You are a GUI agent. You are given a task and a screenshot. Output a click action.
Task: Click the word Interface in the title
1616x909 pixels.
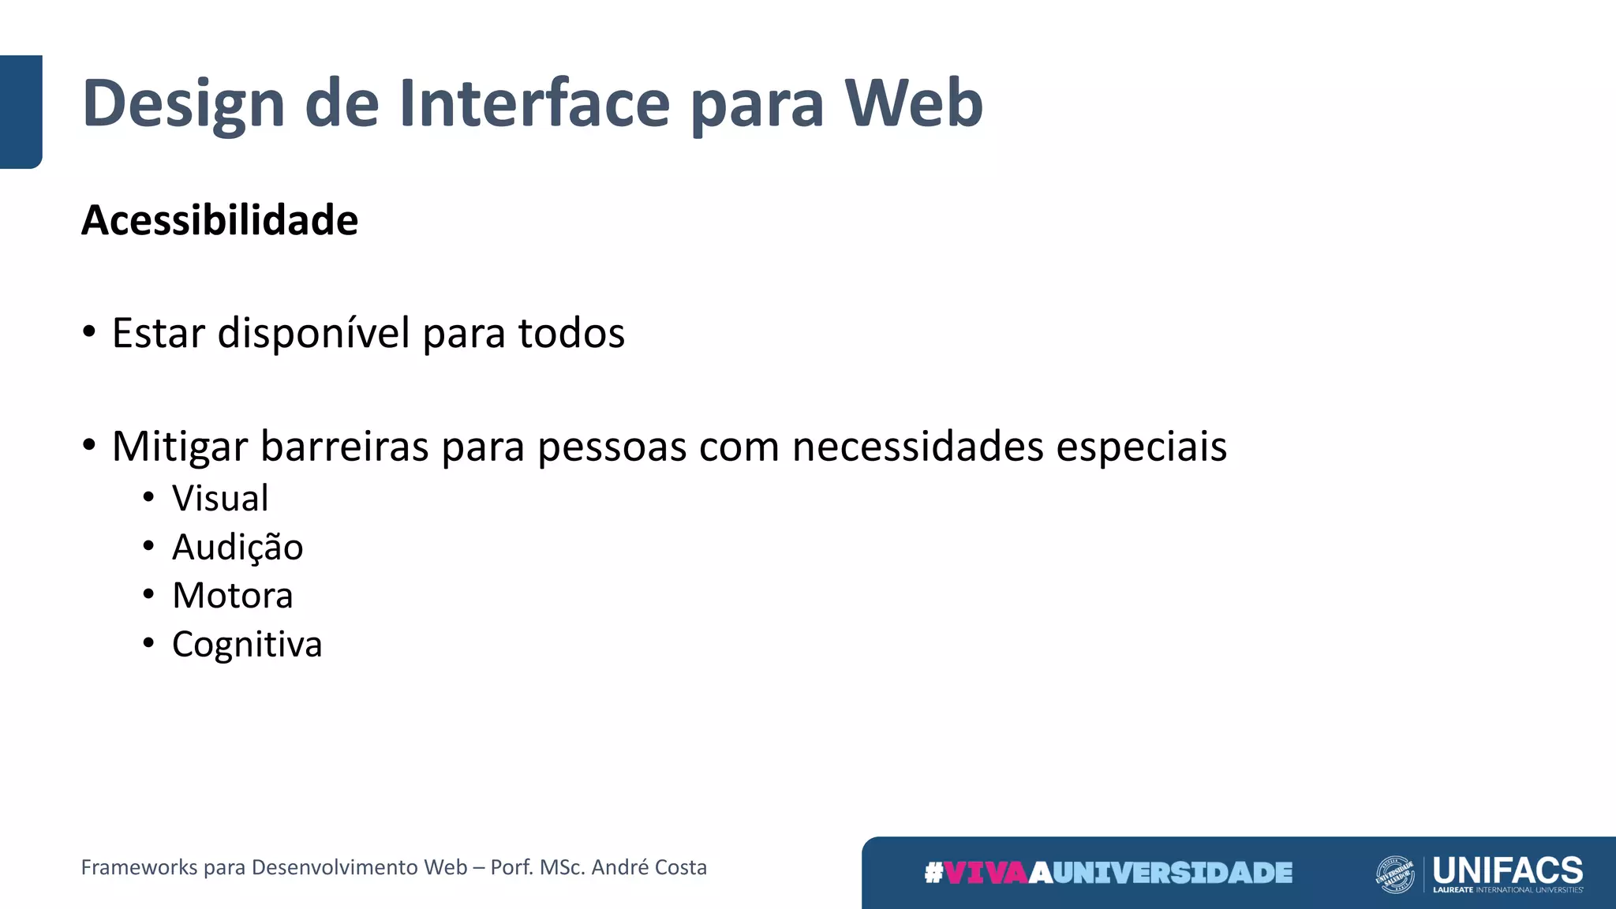tap(534, 103)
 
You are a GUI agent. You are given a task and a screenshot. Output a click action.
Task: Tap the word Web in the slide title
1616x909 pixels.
tap(914, 103)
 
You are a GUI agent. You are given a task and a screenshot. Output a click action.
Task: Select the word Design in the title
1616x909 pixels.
tap(183, 104)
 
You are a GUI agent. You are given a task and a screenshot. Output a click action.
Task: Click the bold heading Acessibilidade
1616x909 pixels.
tap(219, 220)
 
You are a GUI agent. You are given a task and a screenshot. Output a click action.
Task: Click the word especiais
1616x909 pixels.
tap(1141, 447)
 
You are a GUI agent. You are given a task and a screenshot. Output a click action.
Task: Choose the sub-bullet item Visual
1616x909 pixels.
tap(220, 499)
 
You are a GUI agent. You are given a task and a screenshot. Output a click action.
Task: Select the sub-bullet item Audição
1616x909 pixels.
tap(238, 548)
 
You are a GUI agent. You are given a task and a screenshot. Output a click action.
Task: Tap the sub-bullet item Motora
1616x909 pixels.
tap(233, 596)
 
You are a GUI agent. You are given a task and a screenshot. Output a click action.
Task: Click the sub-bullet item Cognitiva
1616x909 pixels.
tap(247, 645)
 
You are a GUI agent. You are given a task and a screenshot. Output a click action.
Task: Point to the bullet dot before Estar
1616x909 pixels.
tap(89, 332)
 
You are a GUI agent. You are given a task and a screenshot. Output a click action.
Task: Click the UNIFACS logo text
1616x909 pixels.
tap(1507, 870)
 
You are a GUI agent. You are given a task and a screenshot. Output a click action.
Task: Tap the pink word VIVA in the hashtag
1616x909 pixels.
tap(986, 873)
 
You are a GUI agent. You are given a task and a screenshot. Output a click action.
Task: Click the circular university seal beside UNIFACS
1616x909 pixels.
tap(1394, 874)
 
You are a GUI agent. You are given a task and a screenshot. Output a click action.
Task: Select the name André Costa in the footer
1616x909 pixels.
tap(649, 867)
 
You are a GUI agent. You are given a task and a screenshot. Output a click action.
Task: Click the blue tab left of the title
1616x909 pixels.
tap(21, 111)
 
